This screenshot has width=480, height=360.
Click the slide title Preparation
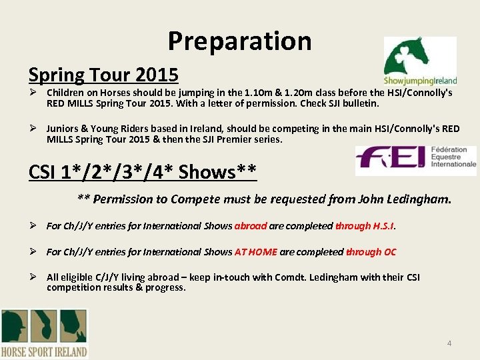click(239, 41)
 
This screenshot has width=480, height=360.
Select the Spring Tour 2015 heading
click(103, 74)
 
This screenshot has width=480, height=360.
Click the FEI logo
click(415, 161)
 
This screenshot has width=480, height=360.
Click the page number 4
click(449, 343)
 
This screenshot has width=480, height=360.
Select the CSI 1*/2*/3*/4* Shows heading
click(143, 171)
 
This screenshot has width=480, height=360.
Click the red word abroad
click(251, 226)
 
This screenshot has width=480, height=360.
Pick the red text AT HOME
click(256, 251)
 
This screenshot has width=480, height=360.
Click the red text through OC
click(371, 251)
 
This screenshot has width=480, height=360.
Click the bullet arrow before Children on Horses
click(33, 93)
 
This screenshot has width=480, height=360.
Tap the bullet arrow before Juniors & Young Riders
click(33, 129)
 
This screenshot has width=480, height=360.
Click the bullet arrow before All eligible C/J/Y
click(33, 277)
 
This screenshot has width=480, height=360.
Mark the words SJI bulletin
click(356, 103)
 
